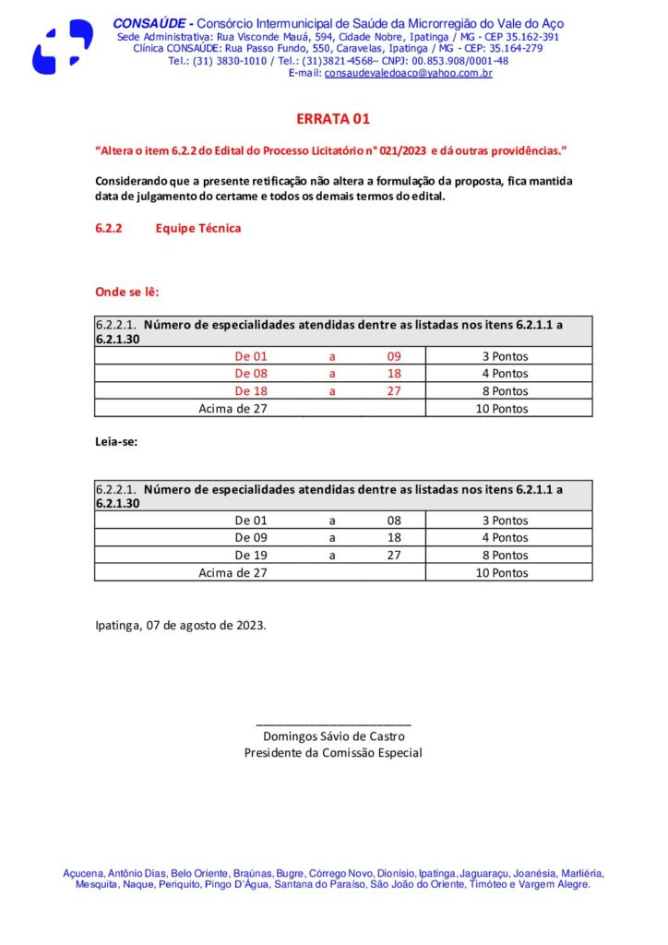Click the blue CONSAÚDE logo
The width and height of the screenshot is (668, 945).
coord(62,46)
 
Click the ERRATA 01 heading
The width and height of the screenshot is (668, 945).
coord(333,119)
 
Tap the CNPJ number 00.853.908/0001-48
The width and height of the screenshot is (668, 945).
coord(462,61)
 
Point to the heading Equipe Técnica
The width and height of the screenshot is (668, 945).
coord(198,228)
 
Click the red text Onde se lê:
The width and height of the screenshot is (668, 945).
coord(127,292)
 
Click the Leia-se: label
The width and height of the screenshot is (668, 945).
coord(115,442)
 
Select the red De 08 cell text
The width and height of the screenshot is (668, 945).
coord(251,374)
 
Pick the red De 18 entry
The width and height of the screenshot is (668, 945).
coord(251,391)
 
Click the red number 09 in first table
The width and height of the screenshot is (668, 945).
coord(394,356)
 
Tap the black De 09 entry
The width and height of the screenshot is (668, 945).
coord(251,537)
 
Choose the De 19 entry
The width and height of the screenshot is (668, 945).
coord(251,556)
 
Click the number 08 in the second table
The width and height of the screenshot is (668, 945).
coord(394,520)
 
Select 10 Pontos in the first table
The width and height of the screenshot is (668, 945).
coord(502,409)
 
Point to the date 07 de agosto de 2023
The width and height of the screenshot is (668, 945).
coord(206,625)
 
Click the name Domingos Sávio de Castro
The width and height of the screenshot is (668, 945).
coord(333,736)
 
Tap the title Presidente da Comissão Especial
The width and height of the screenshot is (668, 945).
coord(333,753)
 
